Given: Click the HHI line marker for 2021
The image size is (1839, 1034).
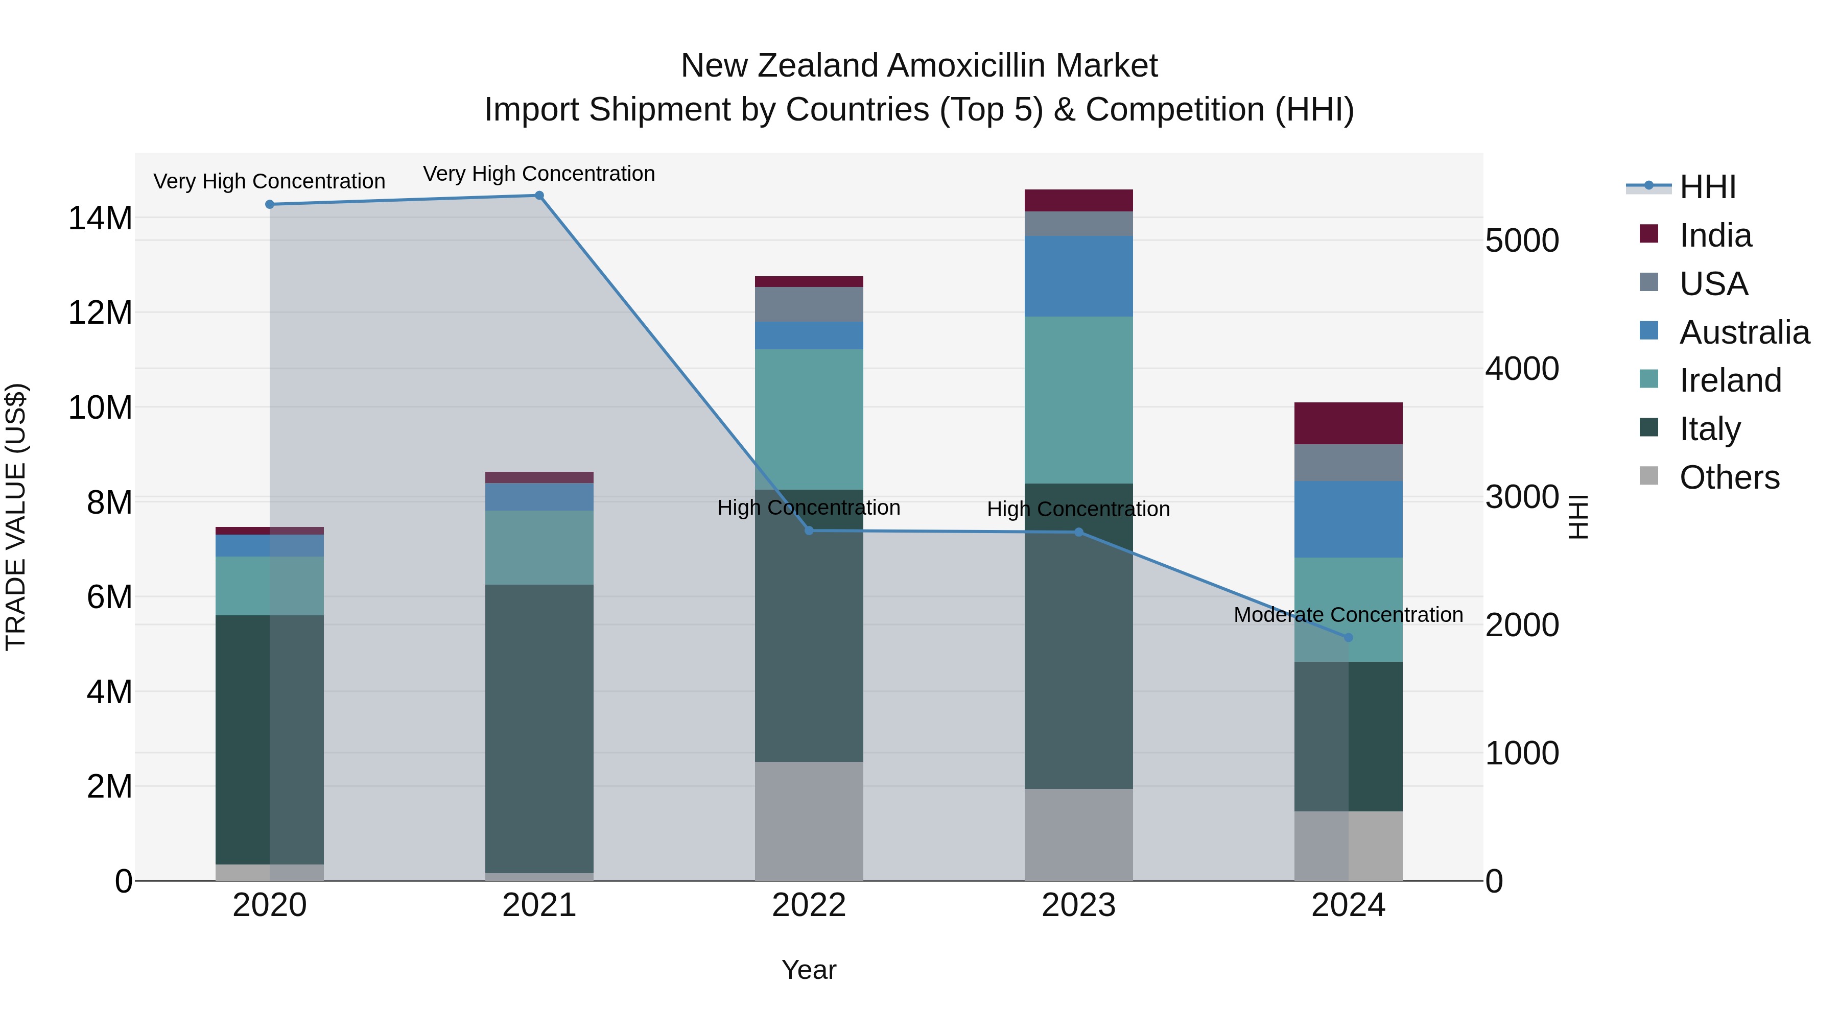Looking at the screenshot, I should [539, 196].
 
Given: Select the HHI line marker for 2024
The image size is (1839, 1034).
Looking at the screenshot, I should [1348, 637].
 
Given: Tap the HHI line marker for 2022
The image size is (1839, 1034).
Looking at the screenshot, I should [809, 530].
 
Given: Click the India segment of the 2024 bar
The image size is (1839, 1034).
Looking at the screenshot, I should [1348, 423].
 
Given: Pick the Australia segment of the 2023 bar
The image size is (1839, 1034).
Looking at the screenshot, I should [1078, 276].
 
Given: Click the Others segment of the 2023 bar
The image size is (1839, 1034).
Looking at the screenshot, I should [1078, 834].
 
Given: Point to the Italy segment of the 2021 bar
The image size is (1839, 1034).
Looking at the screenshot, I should [539, 728].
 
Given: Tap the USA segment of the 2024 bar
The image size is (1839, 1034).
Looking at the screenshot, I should [1348, 463].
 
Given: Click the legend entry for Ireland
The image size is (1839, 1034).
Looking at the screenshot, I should [1729, 380].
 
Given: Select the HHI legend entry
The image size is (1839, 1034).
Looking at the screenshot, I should [1706, 187].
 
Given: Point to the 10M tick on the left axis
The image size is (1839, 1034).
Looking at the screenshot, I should [100, 407].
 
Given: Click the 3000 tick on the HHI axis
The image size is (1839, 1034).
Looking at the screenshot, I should [1521, 497].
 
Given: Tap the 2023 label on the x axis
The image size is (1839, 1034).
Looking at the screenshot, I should [1078, 905].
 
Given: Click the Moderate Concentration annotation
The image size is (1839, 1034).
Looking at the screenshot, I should [1348, 614].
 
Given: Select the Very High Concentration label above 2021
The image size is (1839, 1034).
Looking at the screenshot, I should [539, 174].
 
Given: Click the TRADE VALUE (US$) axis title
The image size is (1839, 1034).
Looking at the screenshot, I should [16, 517].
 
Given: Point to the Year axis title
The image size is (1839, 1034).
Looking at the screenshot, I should [809, 970].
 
